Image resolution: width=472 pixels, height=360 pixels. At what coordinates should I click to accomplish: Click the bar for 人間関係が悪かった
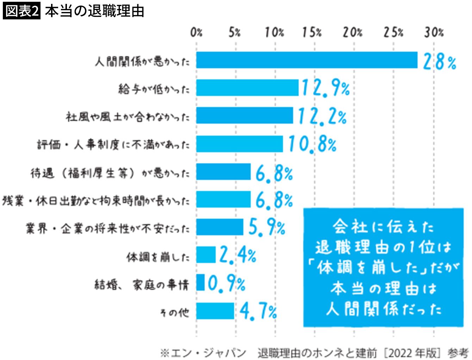(306, 60)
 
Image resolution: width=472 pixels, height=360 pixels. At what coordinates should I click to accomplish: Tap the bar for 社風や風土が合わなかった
(244, 116)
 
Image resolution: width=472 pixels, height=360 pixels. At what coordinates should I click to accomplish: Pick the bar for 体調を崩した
(206, 255)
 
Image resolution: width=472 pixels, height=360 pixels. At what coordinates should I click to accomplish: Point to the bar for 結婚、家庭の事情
(200, 282)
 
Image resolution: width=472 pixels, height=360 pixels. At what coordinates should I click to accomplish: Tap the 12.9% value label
(325, 89)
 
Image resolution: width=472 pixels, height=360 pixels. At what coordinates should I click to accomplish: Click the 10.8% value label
(312, 144)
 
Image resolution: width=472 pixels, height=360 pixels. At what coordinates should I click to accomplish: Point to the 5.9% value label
(266, 227)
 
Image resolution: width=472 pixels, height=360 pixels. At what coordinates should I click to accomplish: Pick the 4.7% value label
(258, 312)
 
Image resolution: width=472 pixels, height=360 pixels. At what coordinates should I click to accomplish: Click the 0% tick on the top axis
(196, 33)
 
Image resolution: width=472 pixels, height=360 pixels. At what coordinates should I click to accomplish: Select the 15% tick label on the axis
(312, 33)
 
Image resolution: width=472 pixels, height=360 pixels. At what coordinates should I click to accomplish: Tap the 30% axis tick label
(434, 33)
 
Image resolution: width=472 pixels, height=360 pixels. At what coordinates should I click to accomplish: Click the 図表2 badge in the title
(22, 11)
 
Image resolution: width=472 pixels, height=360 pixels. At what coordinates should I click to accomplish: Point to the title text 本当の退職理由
(95, 11)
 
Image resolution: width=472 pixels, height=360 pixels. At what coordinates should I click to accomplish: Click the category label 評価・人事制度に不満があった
(113, 145)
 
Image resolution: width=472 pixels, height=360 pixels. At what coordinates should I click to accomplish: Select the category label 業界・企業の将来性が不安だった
(108, 228)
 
